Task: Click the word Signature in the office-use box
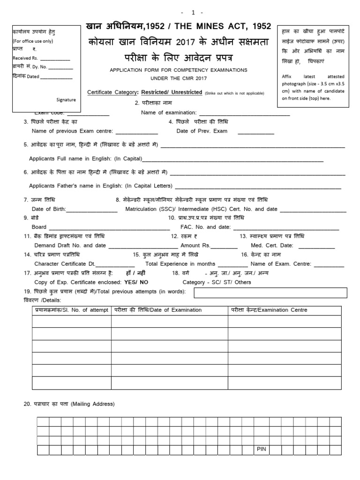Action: (66, 100)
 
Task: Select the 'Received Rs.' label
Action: (24, 59)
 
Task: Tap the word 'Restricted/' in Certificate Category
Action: (158, 92)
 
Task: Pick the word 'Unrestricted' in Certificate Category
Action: (187, 92)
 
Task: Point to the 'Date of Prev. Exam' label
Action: (202, 131)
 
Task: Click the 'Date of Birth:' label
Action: (49, 209)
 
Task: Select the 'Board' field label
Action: (39, 227)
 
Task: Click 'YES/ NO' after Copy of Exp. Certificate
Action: (136, 282)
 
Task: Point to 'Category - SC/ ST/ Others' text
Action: (217, 282)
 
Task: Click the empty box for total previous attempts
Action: (270, 293)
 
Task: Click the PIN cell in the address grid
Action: (261, 449)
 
